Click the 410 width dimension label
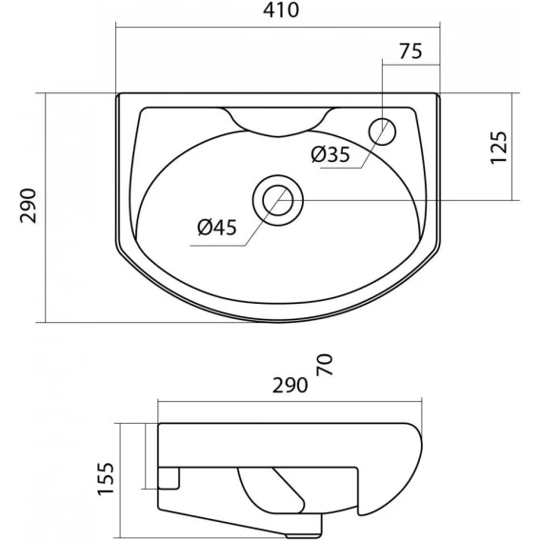point(281,10)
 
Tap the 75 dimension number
point(411,51)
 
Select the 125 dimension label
point(499,148)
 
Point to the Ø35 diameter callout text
point(331,154)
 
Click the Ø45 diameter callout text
point(217,228)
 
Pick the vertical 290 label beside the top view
point(29,206)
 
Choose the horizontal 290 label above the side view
point(290,385)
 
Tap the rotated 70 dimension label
point(325,365)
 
